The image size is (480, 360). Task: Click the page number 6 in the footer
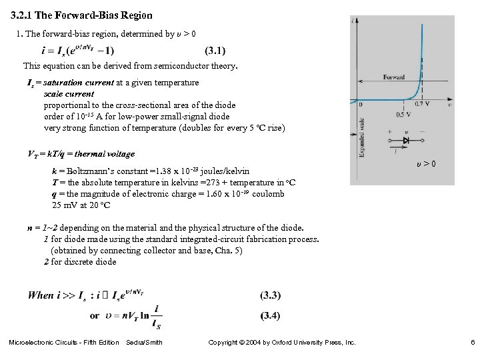[x=471, y=343]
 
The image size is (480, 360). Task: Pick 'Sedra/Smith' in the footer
[x=144, y=343]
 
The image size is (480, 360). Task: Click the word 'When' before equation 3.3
[x=41, y=295]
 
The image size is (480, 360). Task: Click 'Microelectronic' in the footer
[x=33, y=343]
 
